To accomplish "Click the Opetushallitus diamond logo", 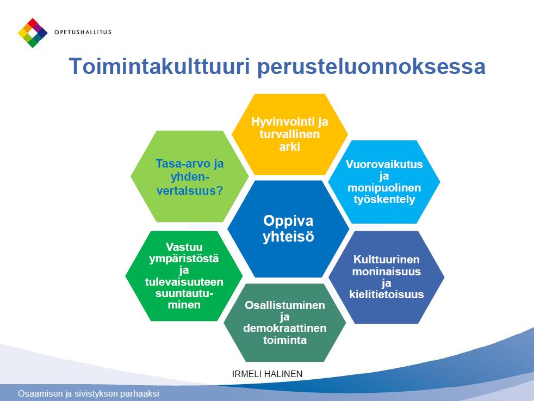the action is point(33,33).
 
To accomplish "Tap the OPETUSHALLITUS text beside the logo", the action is point(83,32).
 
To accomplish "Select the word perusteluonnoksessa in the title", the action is point(371,67).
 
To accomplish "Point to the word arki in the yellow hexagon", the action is point(289,147).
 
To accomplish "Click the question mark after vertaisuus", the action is point(220,190).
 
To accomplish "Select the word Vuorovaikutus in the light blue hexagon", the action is point(384,164).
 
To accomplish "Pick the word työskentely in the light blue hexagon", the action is point(384,199).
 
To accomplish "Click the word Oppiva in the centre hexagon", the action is point(288,221).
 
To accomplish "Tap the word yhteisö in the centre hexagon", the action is point(288,237).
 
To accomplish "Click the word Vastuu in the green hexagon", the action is point(184,246).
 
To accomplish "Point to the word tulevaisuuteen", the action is point(184,282).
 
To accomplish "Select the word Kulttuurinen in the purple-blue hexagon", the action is point(386,260).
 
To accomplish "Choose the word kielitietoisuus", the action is point(386,294).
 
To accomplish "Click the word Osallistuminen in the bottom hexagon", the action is point(285,305).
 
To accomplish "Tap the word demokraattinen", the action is point(285,328).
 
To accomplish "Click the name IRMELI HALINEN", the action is point(267,374).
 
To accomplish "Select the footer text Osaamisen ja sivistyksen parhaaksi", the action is point(89,394).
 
